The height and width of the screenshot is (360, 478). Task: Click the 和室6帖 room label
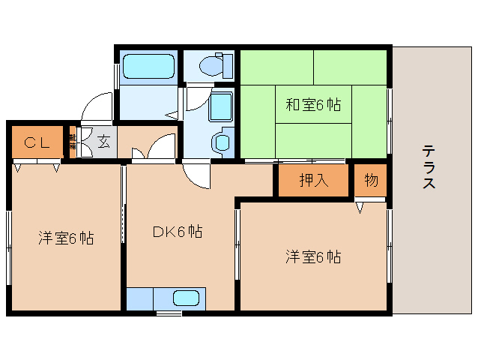click(313, 105)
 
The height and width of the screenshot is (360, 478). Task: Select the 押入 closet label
click(313, 180)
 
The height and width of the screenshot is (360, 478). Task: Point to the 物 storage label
click(371, 180)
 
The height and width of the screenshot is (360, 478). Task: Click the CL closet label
click(36, 142)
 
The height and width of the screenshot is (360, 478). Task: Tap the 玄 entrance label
click(103, 142)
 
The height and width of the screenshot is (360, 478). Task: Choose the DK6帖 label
click(178, 232)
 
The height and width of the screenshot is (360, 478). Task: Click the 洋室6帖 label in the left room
click(66, 239)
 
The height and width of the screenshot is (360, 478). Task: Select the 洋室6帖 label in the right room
click(313, 257)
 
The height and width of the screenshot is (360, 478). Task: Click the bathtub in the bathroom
click(148, 67)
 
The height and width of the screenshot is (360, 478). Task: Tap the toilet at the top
click(213, 67)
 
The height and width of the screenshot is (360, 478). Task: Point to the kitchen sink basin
click(187, 298)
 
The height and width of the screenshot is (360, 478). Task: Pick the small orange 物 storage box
click(371, 181)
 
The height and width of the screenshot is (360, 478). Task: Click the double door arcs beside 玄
click(154, 146)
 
